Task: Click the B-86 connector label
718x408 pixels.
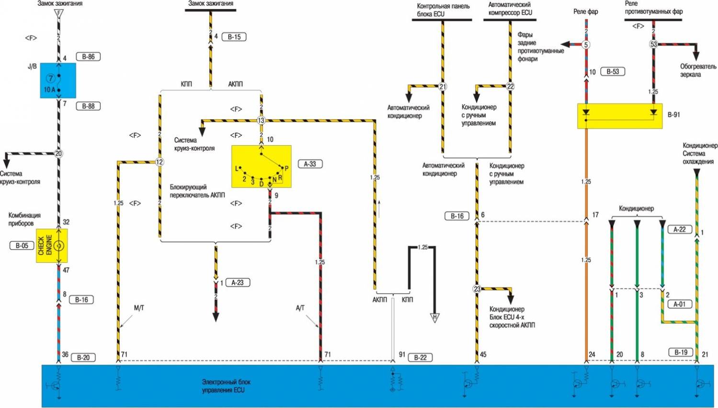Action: click(88, 57)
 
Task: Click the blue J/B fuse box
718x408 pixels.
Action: click(58, 81)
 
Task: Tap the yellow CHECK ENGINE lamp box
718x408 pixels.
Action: click(52, 245)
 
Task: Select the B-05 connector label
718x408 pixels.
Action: click(22, 245)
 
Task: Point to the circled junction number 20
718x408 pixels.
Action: click(58, 154)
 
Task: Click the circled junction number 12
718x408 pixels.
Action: click(160, 162)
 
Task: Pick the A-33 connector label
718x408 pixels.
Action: click(310, 164)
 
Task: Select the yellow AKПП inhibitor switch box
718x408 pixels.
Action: click(261, 166)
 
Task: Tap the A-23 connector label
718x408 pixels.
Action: click(238, 282)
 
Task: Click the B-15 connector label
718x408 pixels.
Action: click(234, 37)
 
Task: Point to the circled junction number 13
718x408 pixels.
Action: click(261, 120)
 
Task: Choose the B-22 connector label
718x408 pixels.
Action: click(420, 357)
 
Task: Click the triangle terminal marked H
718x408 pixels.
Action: click(434, 317)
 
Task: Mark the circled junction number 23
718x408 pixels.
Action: click(477, 289)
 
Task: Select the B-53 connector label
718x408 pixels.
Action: click(613, 72)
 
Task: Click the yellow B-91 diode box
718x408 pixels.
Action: click(620, 116)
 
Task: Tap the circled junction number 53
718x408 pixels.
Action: click(653, 44)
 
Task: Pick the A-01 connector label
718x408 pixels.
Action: click(679, 304)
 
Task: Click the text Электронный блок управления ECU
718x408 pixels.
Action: click(226, 386)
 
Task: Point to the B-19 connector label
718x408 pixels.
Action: click(681, 352)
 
